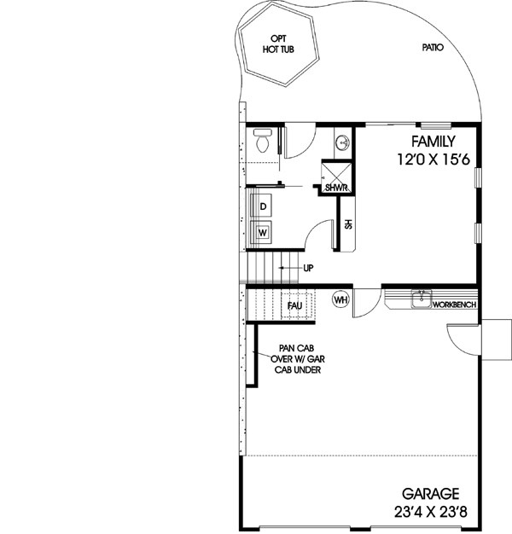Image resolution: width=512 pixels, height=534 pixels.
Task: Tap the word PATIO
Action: click(x=433, y=49)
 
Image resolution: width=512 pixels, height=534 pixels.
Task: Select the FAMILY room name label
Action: click(x=433, y=142)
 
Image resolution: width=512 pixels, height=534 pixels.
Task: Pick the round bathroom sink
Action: click(x=342, y=142)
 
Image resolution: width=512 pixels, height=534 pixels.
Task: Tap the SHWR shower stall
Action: click(x=335, y=182)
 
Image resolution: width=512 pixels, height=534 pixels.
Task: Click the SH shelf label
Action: click(x=347, y=224)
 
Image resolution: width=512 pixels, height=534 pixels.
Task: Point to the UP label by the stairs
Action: click(x=308, y=268)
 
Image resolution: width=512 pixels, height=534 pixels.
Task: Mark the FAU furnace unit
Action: click(x=295, y=305)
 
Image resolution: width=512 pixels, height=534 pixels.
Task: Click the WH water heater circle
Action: click(x=340, y=300)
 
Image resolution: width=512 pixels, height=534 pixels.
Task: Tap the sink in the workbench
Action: click(x=421, y=298)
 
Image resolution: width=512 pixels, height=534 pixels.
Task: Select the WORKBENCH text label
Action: click(x=454, y=305)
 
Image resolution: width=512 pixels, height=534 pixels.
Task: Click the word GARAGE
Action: click(x=433, y=494)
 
